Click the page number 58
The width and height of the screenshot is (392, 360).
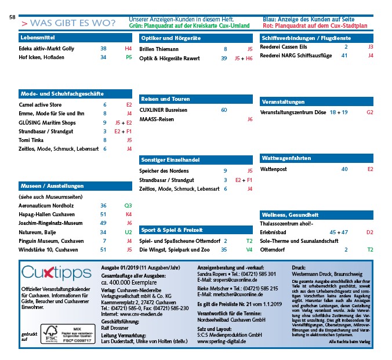[12, 17]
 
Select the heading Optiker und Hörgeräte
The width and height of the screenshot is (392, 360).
[166, 38]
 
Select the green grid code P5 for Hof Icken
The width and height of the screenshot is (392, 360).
[129, 58]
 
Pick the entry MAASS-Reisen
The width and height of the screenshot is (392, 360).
[157, 119]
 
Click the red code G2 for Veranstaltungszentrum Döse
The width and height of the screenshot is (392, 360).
[370, 111]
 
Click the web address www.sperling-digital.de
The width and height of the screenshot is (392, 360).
[222, 341]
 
